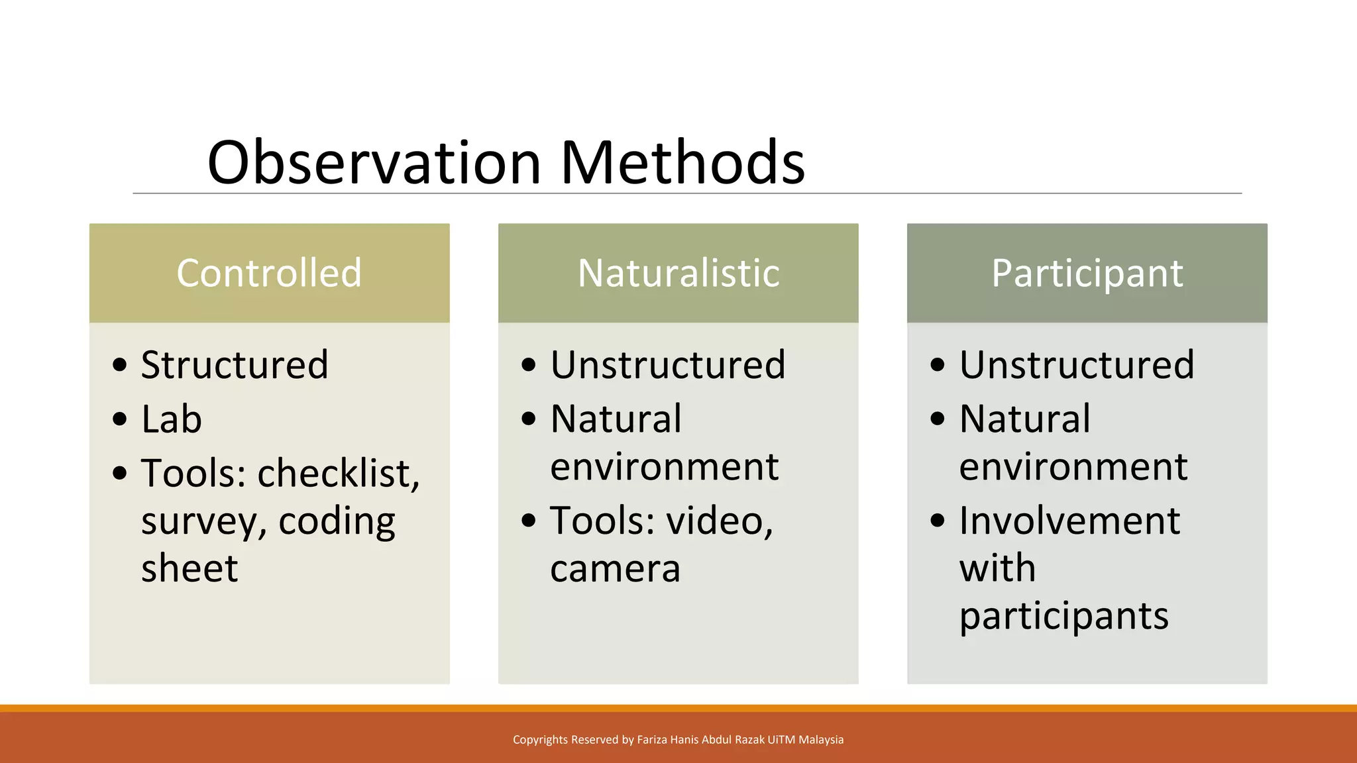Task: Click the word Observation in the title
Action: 374,162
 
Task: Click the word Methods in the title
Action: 682,162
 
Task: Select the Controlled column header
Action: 269,273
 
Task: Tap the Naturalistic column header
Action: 678,273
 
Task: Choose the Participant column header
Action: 1087,273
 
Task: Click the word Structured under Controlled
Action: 235,364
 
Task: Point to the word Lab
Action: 171,419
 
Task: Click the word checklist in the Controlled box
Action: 338,474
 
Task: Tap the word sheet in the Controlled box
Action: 190,568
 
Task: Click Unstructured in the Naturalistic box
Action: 668,364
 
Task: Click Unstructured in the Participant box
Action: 1077,364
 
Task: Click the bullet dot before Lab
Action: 119,419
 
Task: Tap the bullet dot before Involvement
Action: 937,520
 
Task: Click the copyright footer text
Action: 678,740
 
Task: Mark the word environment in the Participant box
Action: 1073,467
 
